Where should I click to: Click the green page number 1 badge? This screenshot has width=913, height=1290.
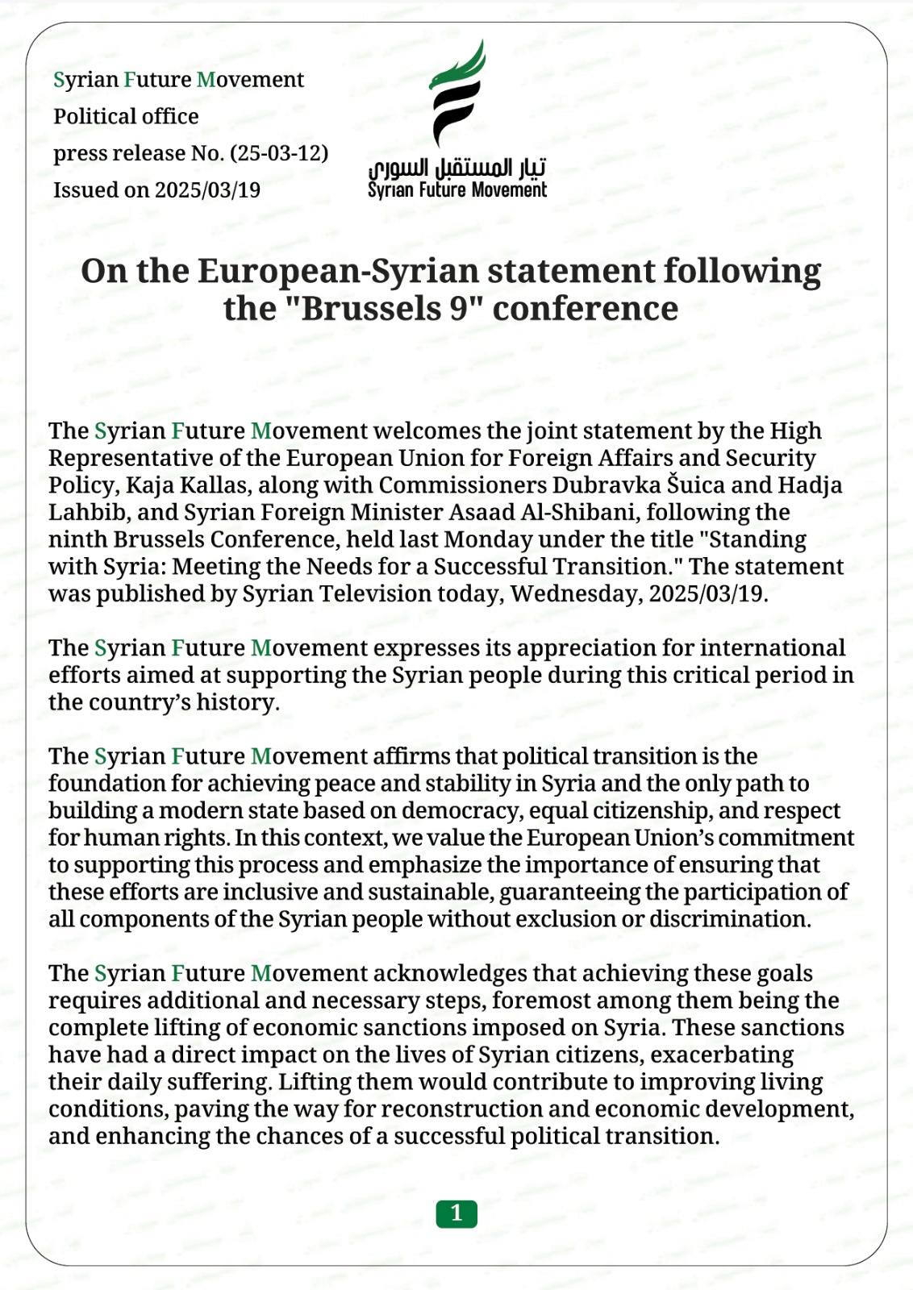(x=456, y=1213)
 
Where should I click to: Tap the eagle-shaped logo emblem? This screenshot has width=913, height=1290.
(x=457, y=93)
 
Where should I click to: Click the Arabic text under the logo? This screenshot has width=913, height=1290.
(x=457, y=168)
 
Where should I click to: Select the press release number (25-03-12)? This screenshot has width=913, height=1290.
(x=279, y=153)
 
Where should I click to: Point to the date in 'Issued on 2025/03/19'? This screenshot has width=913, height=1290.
(x=207, y=190)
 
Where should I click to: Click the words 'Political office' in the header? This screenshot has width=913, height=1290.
(x=126, y=116)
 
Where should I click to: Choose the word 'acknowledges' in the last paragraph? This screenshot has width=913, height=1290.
(x=449, y=973)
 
